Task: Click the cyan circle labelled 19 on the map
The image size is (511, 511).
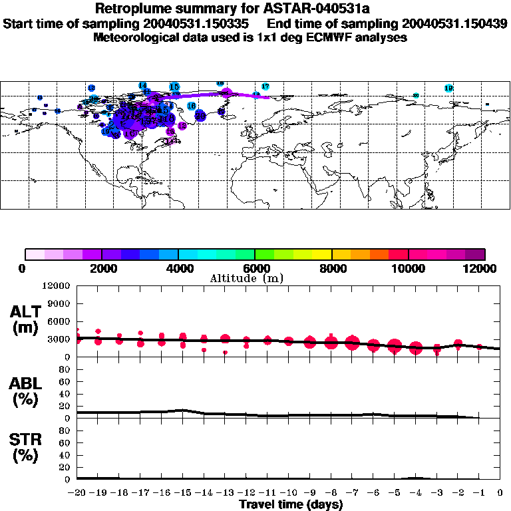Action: (x=448, y=88)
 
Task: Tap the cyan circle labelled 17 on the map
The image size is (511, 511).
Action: (x=265, y=86)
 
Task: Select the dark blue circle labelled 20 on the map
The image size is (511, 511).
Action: (x=200, y=116)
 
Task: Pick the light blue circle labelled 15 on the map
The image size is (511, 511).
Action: (x=174, y=87)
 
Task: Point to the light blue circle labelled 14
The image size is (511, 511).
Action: (x=142, y=85)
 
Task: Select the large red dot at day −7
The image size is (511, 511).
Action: (x=352, y=343)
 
